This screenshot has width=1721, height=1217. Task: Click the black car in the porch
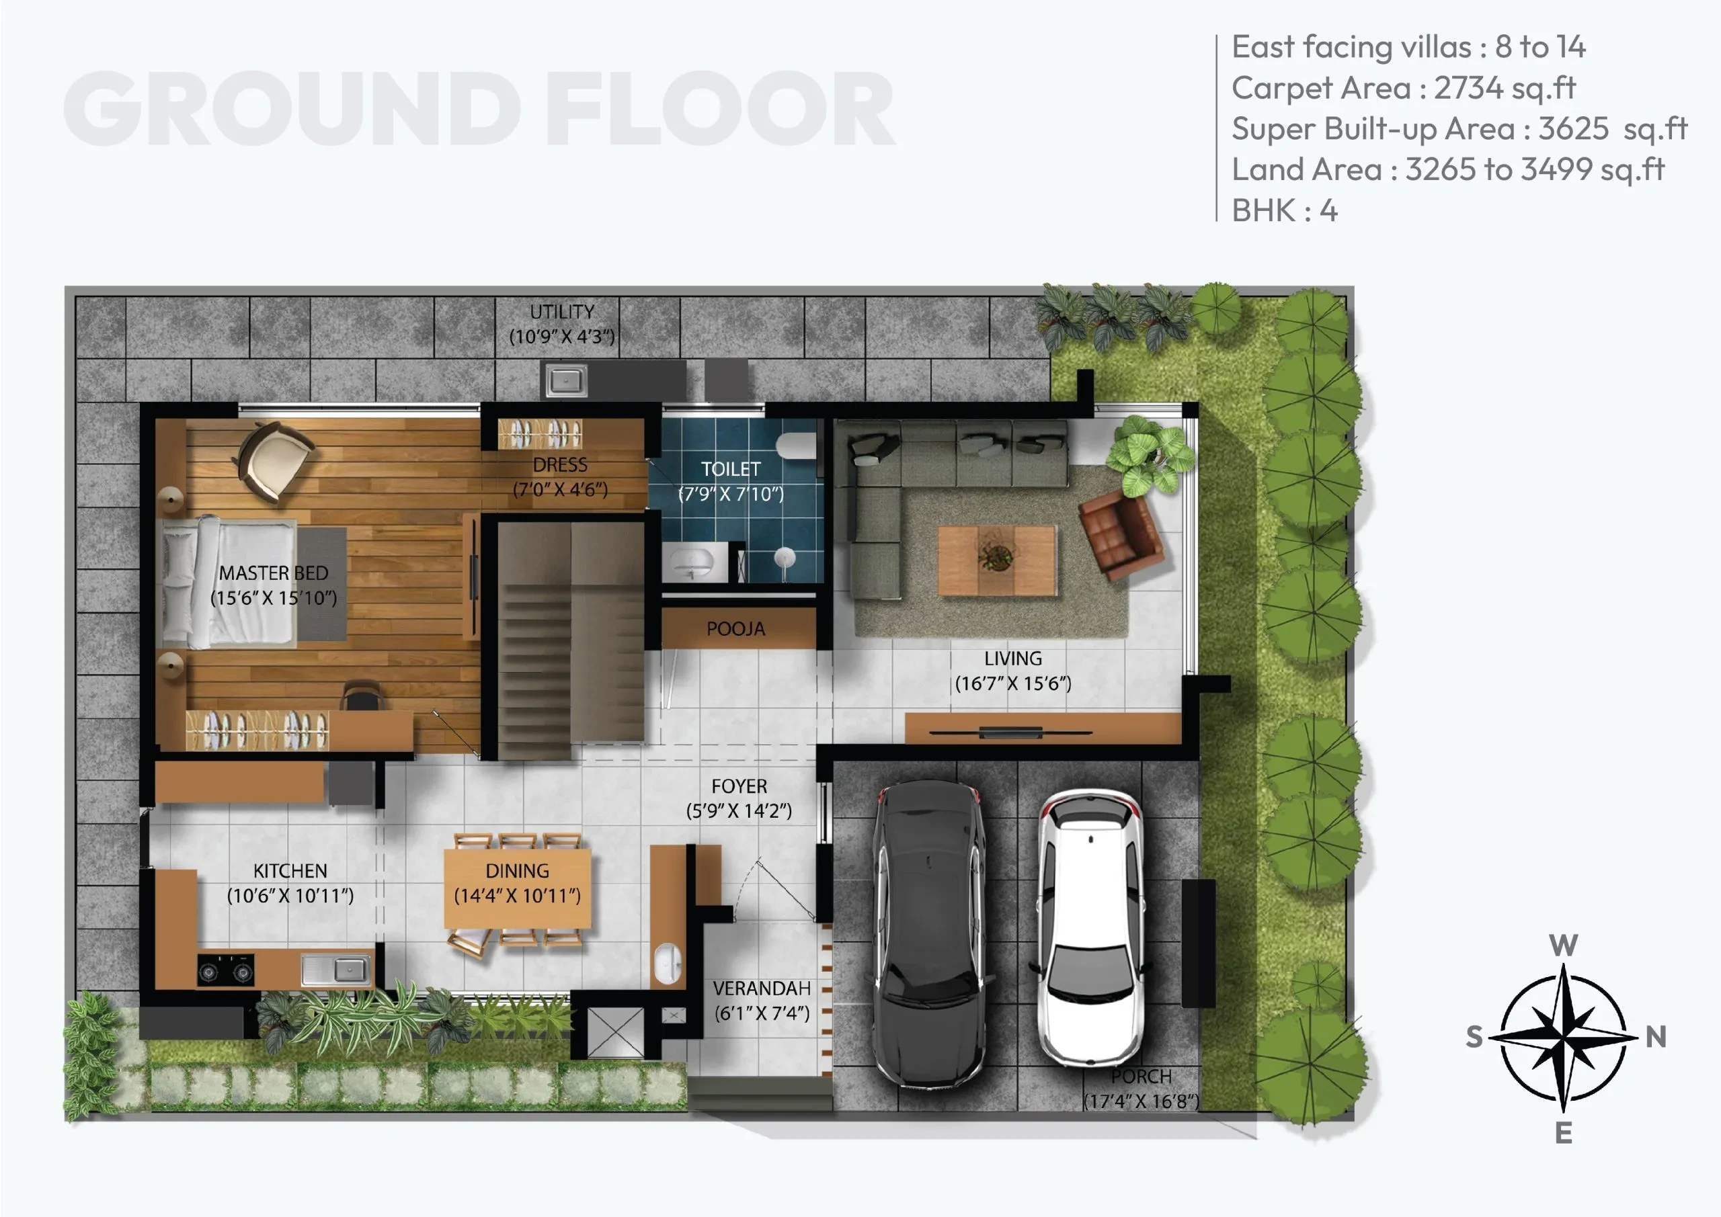pyautogui.click(x=930, y=932)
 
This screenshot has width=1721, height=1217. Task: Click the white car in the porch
pyautogui.click(x=1090, y=926)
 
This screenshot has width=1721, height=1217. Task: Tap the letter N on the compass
pyautogui.click(x=1656, y=1037)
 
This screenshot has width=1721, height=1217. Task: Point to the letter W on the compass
pyautogui.click(x=1564, y=945)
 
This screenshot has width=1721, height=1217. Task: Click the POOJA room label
pyautogui.click(x=736, y=629)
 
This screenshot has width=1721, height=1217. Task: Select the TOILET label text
pyautogui.click(x=731, y=469)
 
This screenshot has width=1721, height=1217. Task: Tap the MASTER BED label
pyautogui.click(x=274, y=573)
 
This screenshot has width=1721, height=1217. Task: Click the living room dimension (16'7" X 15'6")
pyautogui.click(x=1013, y=683)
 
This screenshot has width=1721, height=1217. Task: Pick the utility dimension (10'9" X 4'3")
pyautogui.click(x=562, y=337)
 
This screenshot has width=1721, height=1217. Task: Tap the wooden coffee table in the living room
pyautogui.click(x=997, y=560)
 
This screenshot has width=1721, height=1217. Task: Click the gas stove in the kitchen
pyautogui.click(x=226, y=970)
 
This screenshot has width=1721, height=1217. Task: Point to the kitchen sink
pyautogui.click(x=337, y=969)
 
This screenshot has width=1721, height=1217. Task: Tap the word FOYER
pyautogui.click(x=739, y=786)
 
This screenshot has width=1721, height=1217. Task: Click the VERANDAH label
pyautogui.click(x=762, y=989)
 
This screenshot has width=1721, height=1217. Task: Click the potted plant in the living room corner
pyautogui.click(x=1148, y=454)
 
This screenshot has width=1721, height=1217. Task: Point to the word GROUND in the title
pyautogui.click(x=292, y=109)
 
